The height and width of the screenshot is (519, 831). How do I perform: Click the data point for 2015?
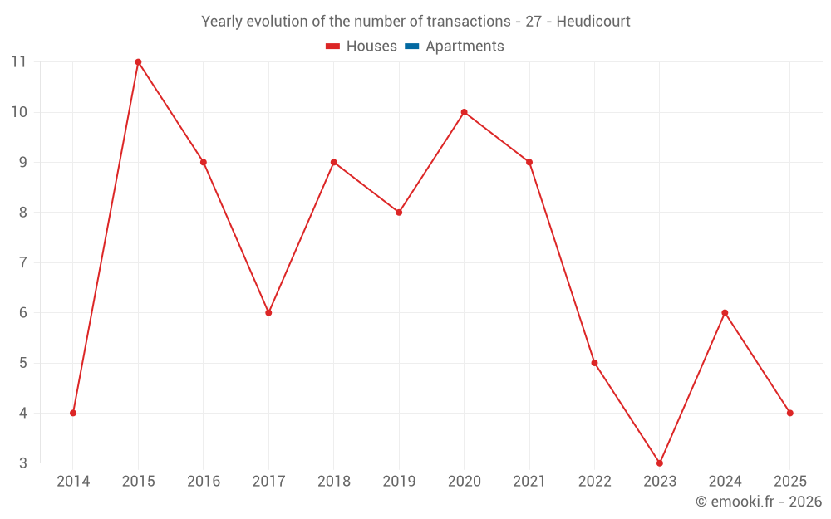(138, 62)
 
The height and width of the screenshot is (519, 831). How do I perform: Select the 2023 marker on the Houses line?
(660, 463)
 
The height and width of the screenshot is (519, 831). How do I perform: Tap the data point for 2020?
(464, 112)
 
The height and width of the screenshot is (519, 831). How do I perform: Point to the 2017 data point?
(268, 312)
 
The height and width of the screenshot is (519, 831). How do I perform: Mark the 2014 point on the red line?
(73, 413)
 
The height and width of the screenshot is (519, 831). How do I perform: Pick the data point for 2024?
(725, 312)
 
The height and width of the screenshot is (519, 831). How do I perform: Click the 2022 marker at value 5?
(594, 363)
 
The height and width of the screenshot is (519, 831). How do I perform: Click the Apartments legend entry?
(465, 47)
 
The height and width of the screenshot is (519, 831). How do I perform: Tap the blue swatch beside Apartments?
(411, 47)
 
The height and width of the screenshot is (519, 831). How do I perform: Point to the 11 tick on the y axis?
(19, 62)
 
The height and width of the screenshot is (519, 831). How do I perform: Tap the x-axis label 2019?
(399, 482)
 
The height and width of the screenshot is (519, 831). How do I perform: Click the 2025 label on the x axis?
(789, 482)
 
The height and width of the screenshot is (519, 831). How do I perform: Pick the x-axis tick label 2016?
(204, 482)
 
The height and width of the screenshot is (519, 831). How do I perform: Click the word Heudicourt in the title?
(593, 22)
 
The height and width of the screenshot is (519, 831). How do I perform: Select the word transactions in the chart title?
(466, 22)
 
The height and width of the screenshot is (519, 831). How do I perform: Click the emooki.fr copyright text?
(759, 502)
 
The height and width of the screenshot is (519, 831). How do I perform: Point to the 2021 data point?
(529, 162)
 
